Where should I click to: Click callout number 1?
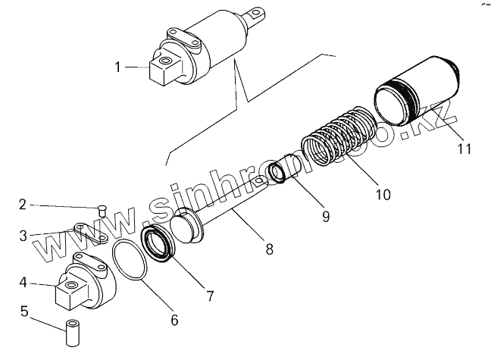[x=118, y=67]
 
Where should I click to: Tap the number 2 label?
[x=23, y=204]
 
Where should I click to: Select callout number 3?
[x=23, y=235]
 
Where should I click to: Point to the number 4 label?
[x=23, y=283]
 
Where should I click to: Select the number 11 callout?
[x=464, y=149]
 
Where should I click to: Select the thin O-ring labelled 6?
[x=128, y=261]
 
